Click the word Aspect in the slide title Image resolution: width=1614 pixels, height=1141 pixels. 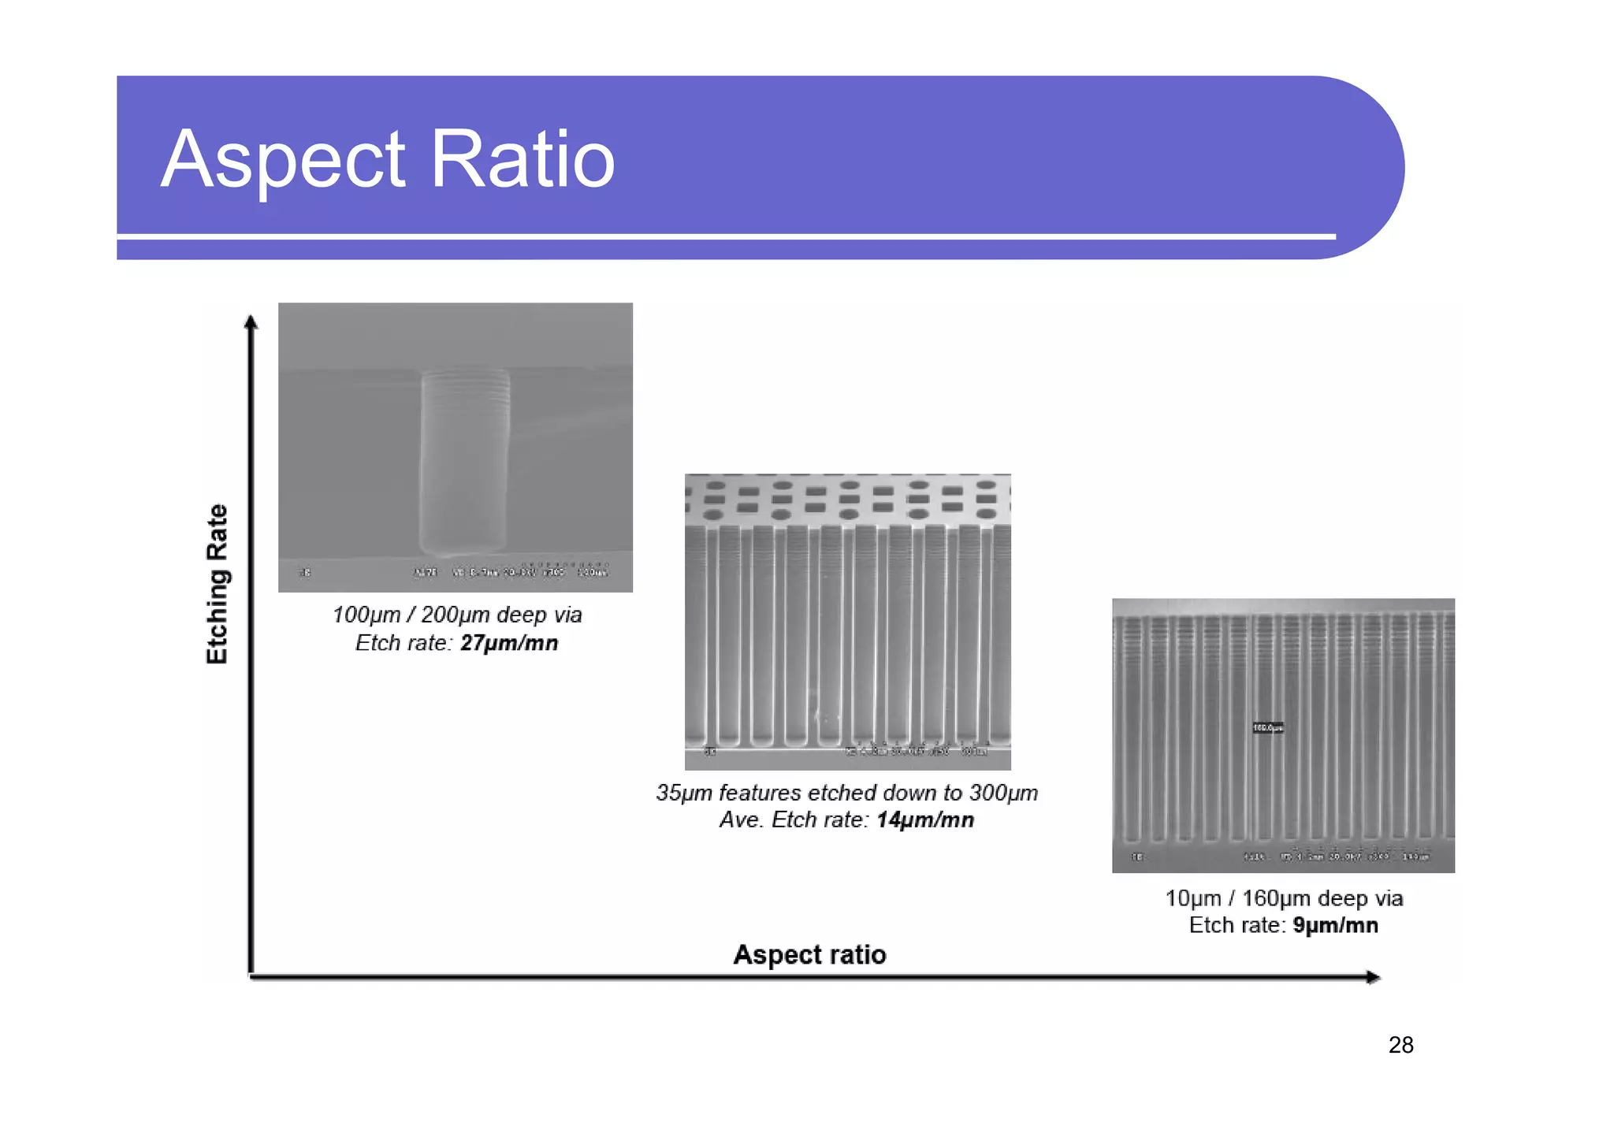tap(283, 161)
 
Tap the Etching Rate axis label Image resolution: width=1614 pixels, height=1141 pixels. tap(217, 584)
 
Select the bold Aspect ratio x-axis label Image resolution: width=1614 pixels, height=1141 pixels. tap(809, 954)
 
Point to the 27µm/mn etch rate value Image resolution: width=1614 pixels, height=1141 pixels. tap(509, 643)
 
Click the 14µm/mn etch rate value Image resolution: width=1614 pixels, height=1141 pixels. tap(925, 820)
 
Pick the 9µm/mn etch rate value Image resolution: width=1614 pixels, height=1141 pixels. tap(1335, 925)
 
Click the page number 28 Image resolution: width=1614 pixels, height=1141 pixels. tap(1400, 1045)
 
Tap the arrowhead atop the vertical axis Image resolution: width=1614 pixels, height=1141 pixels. tap(251, 321)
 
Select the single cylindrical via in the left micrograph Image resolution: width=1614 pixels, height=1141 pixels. tap(464, 461)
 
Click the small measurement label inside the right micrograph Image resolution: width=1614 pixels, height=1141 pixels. tap(1267, 727)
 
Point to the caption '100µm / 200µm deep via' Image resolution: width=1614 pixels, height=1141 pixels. tap(457, 615)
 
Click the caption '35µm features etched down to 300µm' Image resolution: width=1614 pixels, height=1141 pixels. tap(846, 793)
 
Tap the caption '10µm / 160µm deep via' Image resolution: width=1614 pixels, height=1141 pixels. tap(1284, 898)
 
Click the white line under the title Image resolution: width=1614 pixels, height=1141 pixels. tap(725, 236)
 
